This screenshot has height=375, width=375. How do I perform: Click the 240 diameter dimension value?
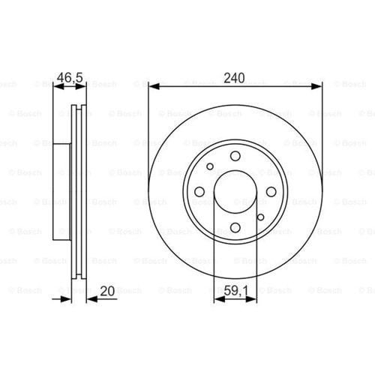234,78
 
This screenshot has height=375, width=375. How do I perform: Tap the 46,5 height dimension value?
70,77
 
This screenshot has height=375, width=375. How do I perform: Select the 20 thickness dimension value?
107,291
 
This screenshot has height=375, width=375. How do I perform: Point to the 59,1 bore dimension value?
235,291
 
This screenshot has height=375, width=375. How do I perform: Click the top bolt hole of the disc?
235,156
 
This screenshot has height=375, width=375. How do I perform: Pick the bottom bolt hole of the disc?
235,227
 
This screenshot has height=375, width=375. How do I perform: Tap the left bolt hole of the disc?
199,192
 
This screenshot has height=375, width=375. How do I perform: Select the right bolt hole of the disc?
271,192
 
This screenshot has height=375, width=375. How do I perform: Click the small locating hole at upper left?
210,166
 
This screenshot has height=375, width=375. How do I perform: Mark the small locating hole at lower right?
260,217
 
